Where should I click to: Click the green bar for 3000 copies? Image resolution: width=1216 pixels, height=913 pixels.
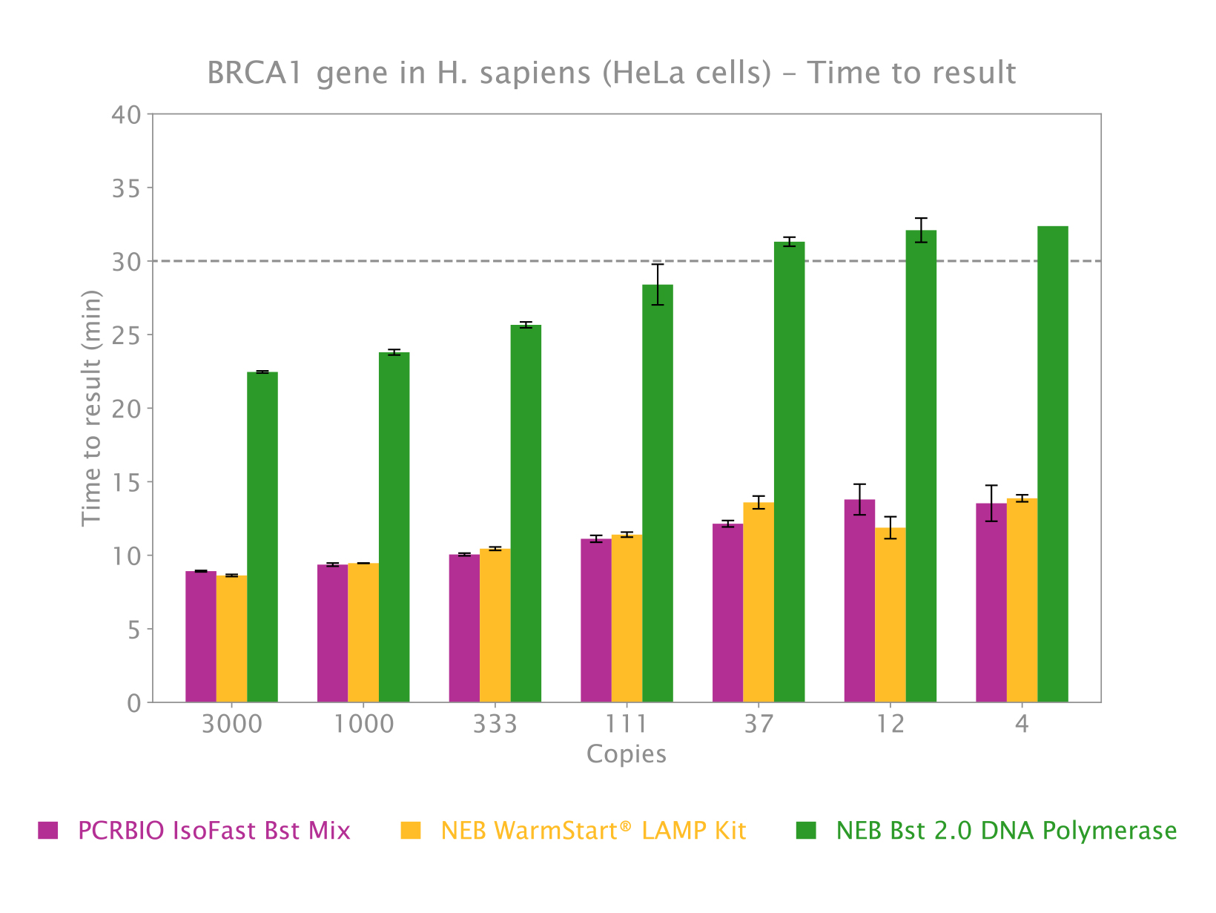(262, 538)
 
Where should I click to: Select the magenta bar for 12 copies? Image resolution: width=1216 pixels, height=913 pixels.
(859, 601)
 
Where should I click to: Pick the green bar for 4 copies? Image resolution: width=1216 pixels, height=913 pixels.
(1052, 464)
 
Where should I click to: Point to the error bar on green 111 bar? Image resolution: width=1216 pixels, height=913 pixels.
(658, 285)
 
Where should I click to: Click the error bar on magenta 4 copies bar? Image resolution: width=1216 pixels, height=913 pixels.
(991, 504)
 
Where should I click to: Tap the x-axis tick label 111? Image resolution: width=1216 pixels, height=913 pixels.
(626, 724)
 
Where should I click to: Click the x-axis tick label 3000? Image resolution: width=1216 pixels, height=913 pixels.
(232, 724)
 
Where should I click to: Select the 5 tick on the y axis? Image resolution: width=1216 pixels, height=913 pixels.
(133, 630)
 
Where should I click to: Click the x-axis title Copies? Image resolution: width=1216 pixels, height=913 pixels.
(626, 754)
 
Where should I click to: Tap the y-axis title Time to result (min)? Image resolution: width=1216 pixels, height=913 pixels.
(91, 408)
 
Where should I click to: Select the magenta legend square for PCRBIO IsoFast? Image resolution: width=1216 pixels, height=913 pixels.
(48, 830)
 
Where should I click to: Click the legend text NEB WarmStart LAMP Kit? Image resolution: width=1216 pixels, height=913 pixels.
(593, 830)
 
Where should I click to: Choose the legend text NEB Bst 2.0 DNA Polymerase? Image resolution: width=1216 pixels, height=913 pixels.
(1006, 830)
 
